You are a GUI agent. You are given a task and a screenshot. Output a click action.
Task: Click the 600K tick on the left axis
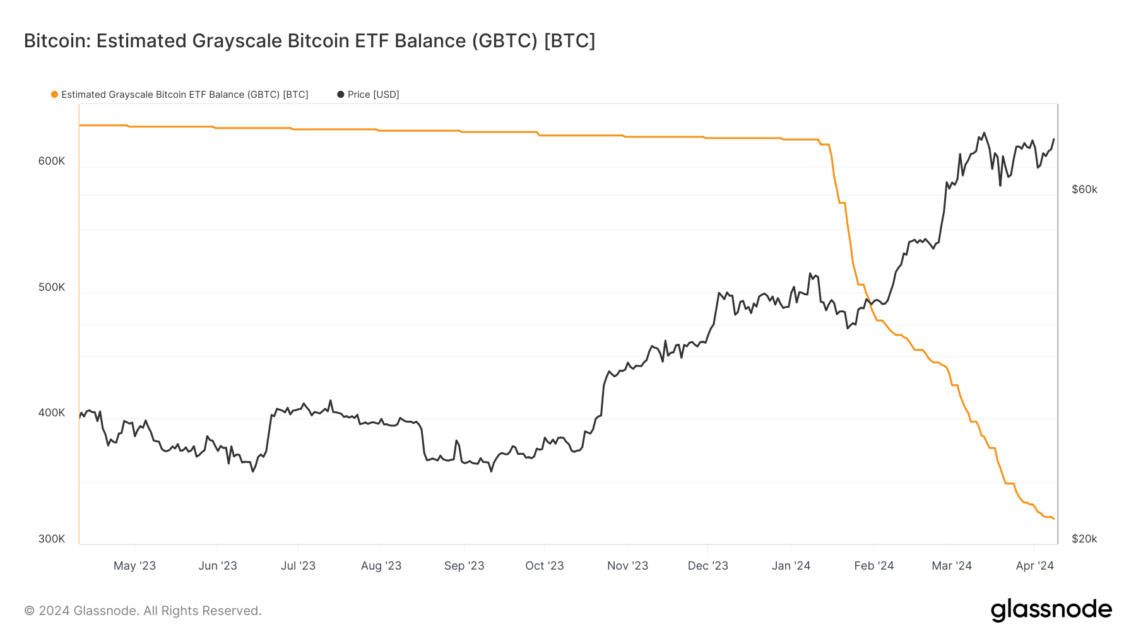pyautogui.click(x=52, y=161)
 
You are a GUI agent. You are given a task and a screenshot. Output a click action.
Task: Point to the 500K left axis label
pyautogui.click(x=52, y=287)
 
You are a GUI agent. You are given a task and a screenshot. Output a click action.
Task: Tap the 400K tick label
pyautogui.click(x=52, y=413)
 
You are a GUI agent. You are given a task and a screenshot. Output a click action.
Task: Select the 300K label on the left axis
pyautogui.click(x=52, y=539)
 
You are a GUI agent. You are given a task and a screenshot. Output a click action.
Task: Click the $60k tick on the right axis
pyautogui.click(x=1084, y=189)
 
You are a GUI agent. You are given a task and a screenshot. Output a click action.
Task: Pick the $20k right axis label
pyautogui.click(x=1084, y=539)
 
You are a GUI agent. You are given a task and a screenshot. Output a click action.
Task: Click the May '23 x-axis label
pyautogui.click(x=134, y=566)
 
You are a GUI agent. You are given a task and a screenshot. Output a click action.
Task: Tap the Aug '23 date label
pyautogui.click(x=381, y=566)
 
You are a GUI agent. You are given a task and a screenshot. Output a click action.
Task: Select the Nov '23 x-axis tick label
pyautogui.click(x=627, y=566)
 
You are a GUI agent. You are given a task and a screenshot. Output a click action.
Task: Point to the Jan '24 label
pyautogui.click(x=791, y=566)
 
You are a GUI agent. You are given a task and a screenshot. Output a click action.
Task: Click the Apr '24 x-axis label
pyautogui.click(x=1034, y=566)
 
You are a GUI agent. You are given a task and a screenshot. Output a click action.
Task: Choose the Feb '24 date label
pyautogui.click(x=874, y=566)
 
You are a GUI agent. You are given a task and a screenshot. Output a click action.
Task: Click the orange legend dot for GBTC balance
pyautogui.click(x=55, y=95)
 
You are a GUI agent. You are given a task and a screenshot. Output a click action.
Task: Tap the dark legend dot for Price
pyautogui.click(x=341, y=95)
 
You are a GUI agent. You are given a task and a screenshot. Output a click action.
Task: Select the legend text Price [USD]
pyautogui.click(x=373, y=95)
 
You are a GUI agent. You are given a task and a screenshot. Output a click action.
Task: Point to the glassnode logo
pyautogui.click(x=1051, y=610)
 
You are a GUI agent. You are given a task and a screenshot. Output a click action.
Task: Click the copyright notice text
pyautogui.click(x=143, y=611)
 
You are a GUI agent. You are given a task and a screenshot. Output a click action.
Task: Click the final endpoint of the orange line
pyautogui.click(x=1053, y=519)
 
